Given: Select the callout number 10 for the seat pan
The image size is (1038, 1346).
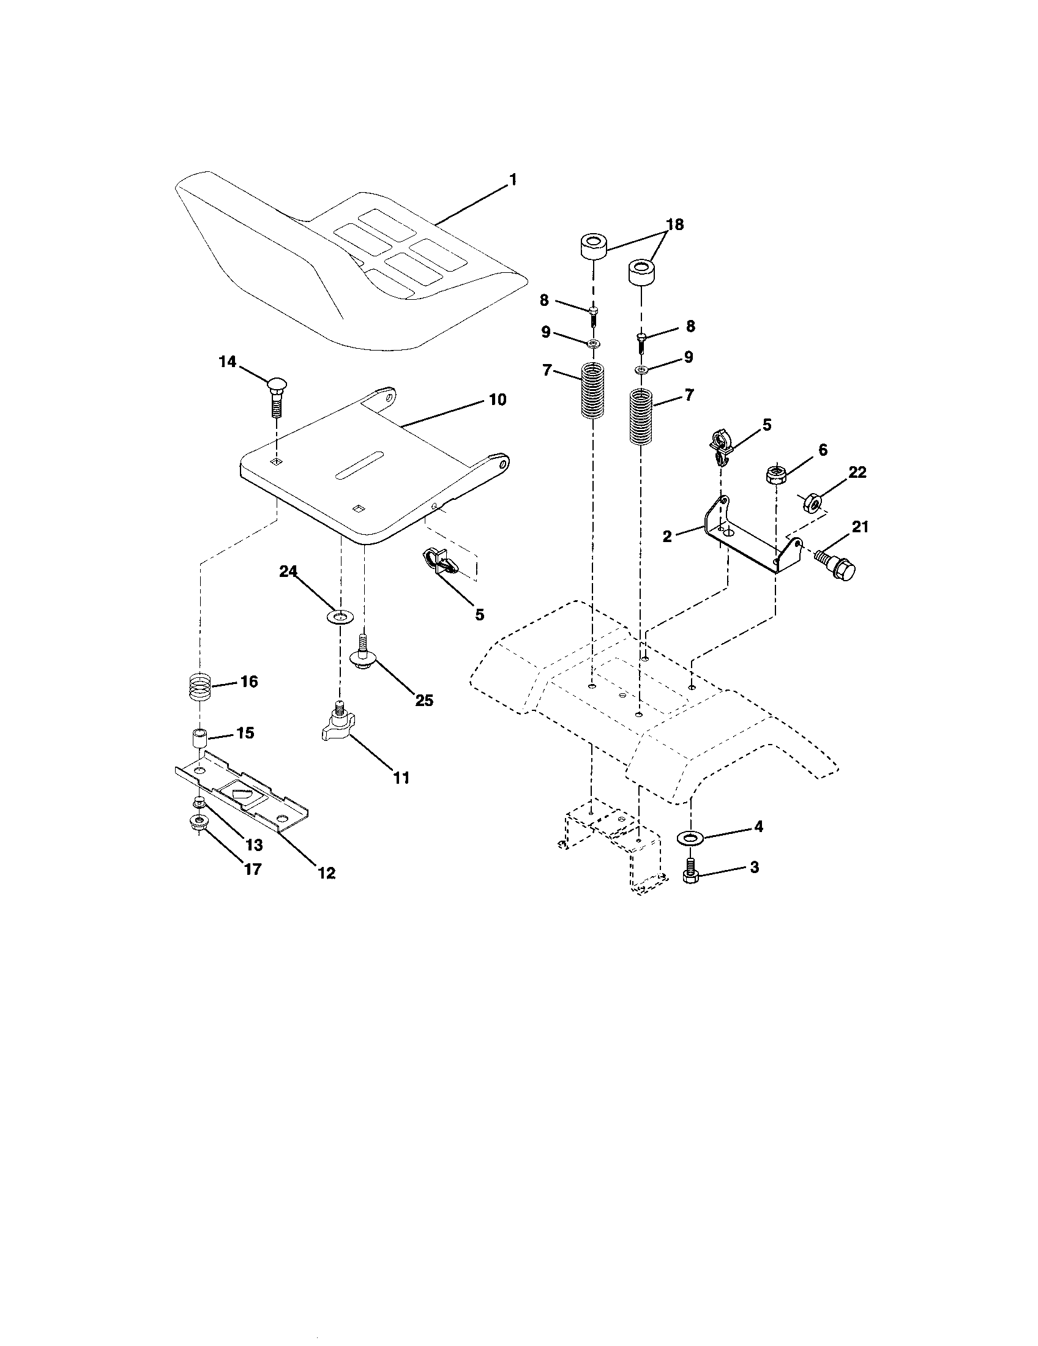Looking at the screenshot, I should [498, 400].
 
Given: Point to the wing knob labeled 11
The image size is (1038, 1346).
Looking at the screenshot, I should [337, 724].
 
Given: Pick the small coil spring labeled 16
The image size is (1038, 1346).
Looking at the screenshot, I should [200, 686].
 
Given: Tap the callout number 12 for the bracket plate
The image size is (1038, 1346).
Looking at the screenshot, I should [327, 872].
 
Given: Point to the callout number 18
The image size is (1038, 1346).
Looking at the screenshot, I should [675, 225].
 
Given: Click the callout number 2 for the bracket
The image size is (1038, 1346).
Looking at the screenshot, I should [667, 536].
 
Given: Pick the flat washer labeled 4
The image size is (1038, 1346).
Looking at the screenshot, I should [690, 837].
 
